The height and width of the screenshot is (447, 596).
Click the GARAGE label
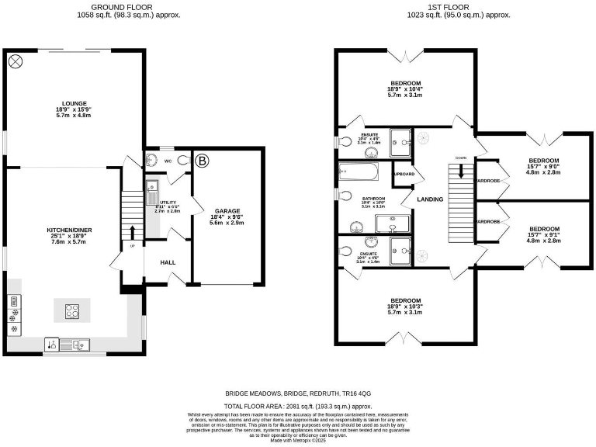227,210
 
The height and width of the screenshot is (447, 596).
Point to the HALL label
168,262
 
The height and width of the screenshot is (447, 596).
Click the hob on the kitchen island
72,310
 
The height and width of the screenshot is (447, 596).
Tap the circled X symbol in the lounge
15,61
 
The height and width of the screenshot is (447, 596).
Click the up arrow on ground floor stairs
133,232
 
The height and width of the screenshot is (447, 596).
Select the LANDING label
430,199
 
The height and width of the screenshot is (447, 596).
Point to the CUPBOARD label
404,174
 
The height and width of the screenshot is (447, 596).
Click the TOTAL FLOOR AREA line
298,406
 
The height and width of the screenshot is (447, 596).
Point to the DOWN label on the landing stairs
461,158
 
